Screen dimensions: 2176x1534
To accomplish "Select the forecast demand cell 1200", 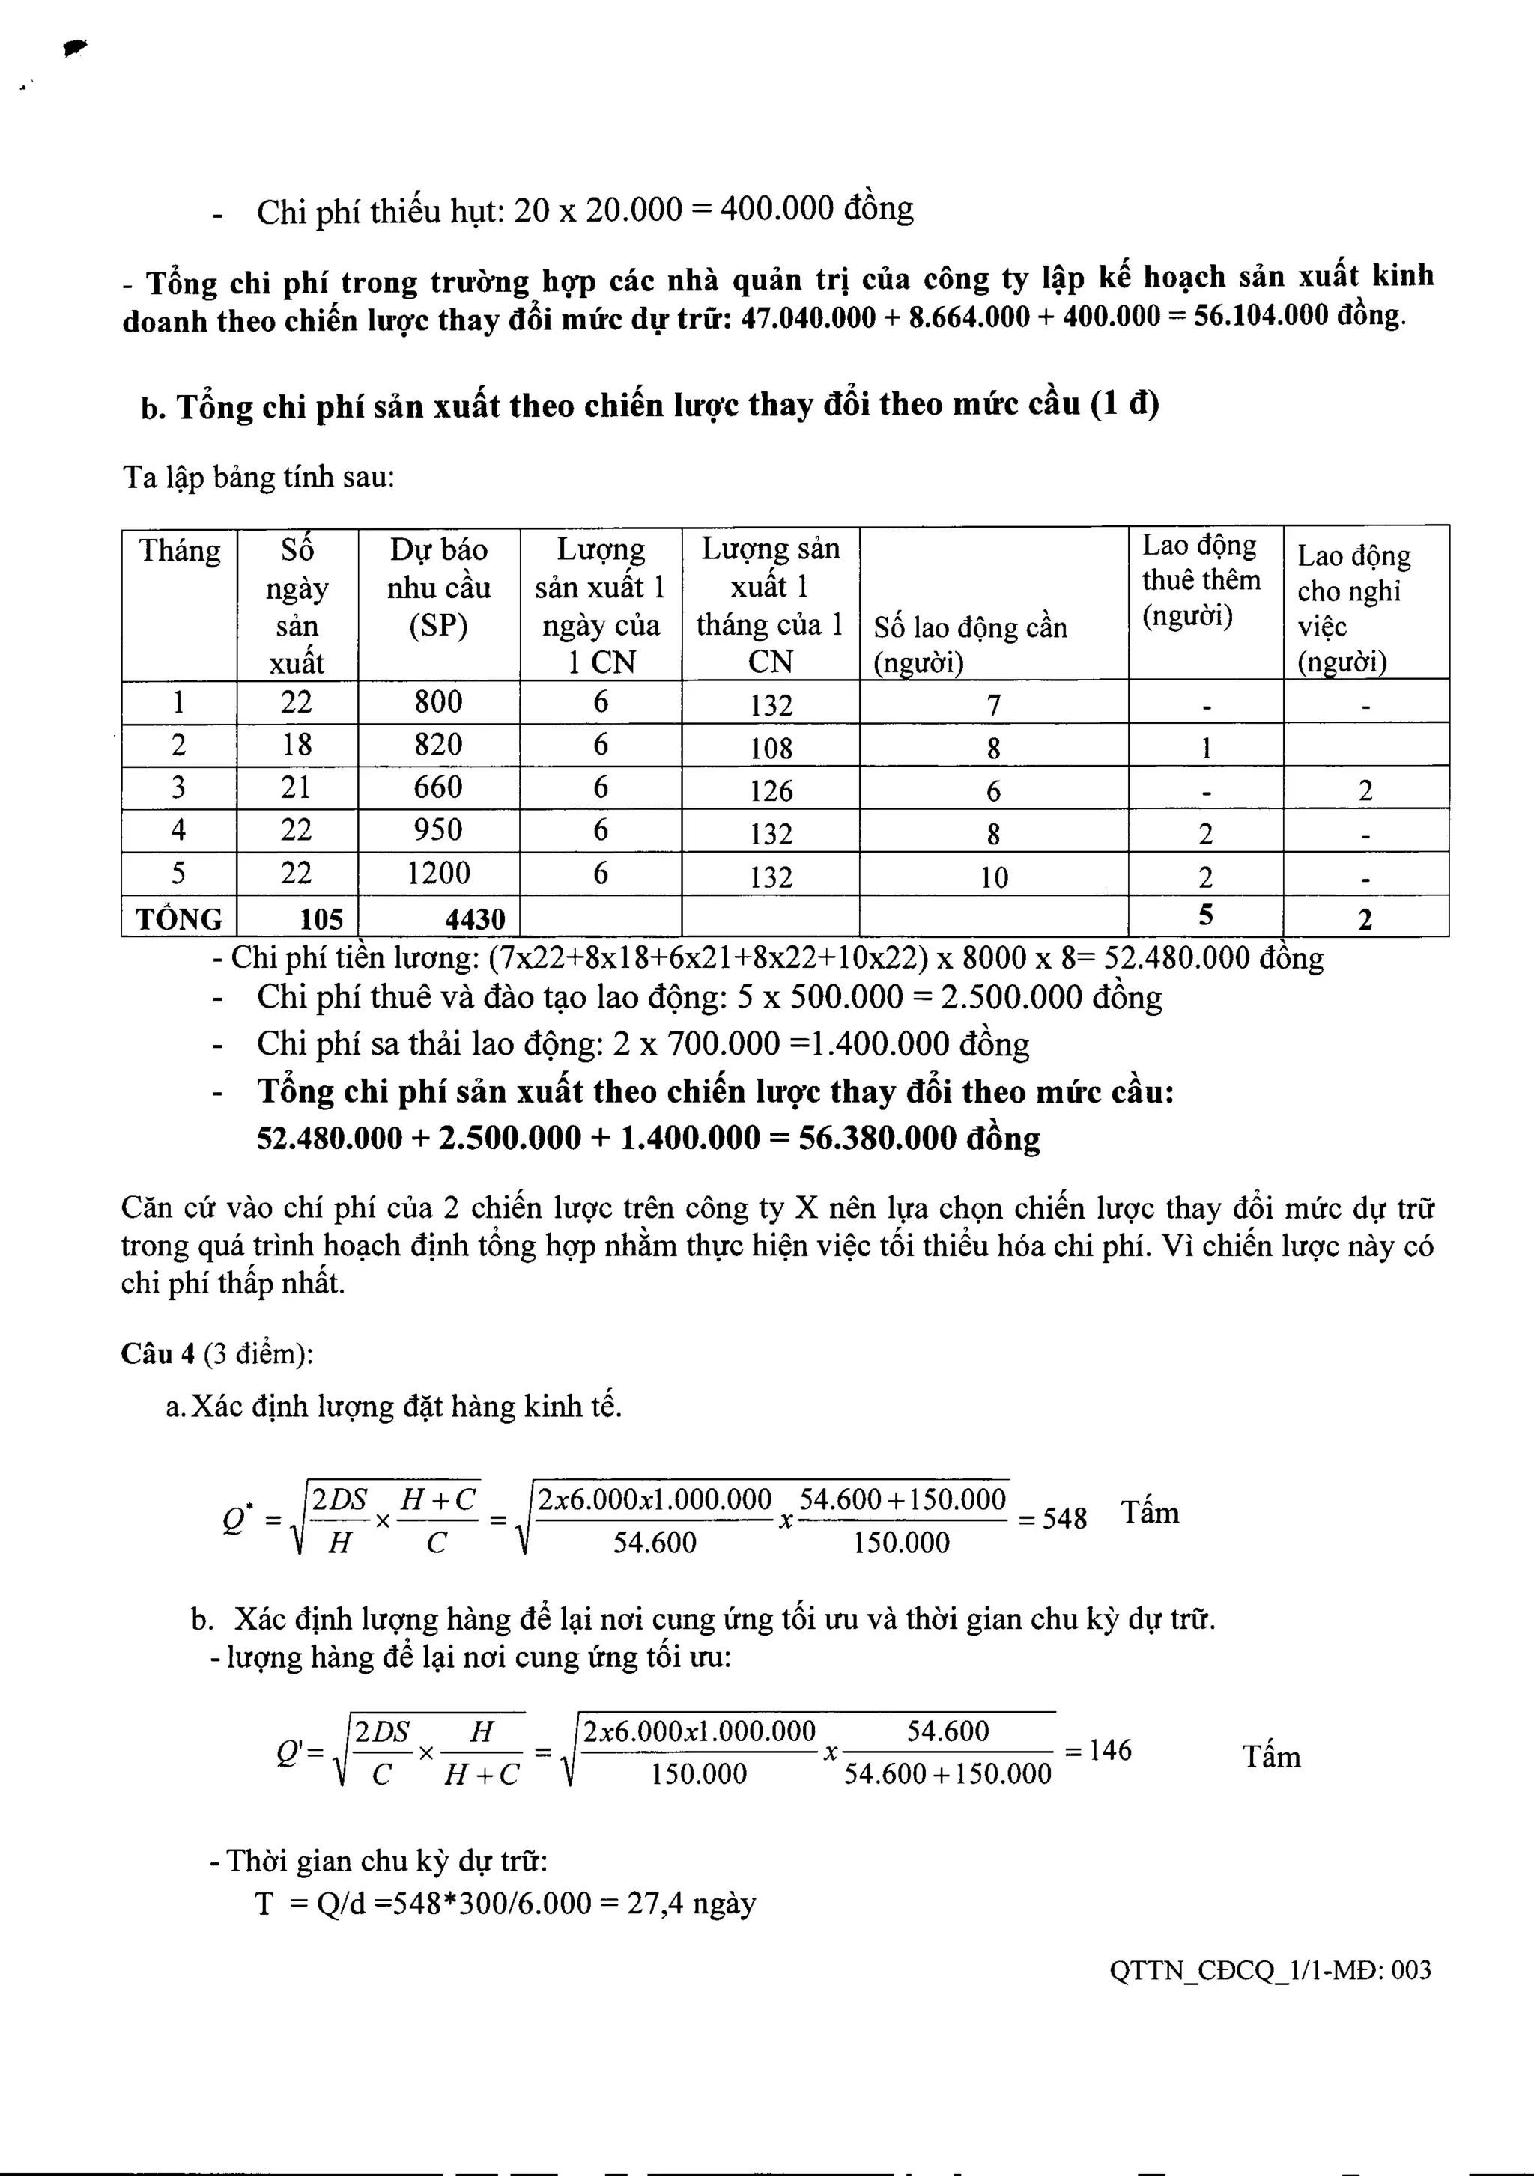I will [x=438, y=873].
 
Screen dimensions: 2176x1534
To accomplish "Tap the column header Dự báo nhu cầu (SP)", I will [x=438, y=588].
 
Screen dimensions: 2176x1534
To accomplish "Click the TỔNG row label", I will [x=179, y=918].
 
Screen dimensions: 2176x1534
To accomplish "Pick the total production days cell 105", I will [x=321, y=918].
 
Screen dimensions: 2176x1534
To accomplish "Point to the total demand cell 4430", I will [x=475, y=918].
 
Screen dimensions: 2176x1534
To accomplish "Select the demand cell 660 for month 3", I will [x=438, y=787].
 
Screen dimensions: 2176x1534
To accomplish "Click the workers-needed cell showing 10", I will [x=994, y=877].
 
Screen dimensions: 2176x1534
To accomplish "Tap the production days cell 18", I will [x=296, y=745].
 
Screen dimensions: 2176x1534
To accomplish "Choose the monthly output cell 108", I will [x=770, y=749].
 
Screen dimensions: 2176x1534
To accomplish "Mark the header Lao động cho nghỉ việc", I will [x=1353, y=606].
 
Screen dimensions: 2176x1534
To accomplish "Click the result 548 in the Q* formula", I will [x=1064, y=1518].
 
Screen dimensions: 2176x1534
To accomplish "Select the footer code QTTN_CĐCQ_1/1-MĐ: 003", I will [x=1270, y=1969].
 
